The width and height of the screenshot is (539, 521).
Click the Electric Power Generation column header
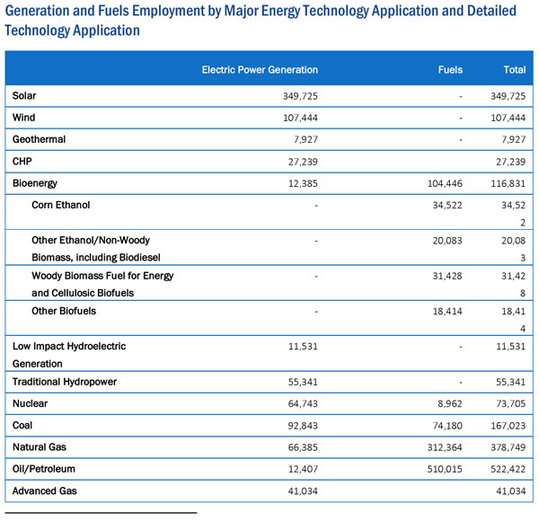(x=260, y=70)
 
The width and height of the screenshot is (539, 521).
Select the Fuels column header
(x=450, y=70)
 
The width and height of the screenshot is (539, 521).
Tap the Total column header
(x=514, y=70)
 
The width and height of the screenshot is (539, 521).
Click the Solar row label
(x=24, y=95)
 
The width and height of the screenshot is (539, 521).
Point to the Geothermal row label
(x=39, y=139)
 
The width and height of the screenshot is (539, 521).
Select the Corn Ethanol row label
(x=61, y=205)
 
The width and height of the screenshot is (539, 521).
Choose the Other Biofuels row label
(x=64, y=311)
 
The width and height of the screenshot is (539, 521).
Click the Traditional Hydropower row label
(x=65, y=382)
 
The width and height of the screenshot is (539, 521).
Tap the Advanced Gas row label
(x=45, y=490)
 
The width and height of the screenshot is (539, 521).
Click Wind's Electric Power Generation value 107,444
(x=300, y=118)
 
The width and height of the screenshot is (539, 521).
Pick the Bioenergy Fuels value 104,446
(x=445, y=183)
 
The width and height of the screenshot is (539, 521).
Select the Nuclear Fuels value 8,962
(x=450, y=403)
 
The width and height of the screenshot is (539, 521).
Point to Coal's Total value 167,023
(x=508, y=426)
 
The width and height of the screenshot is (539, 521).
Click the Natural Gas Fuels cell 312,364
(x=445, y=447)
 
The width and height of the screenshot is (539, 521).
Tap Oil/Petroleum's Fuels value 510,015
(x=445, y=469)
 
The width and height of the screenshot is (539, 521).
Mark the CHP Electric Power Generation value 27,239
(x=303, y=162)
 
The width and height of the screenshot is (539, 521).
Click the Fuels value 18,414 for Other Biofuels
(x=447, y=312)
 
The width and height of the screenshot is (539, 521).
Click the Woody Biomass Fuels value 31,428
(x=447, y=276)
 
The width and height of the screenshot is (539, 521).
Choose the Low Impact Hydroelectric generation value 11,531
(x=303, y=347)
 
